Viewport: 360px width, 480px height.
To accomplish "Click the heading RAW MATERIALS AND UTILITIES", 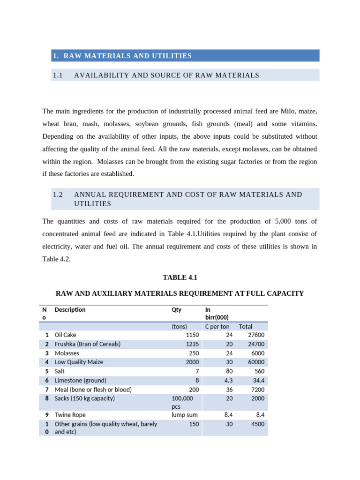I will [x=127, y=56].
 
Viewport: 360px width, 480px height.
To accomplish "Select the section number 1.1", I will [x=58, y=75].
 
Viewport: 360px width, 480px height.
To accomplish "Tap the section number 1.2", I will [x=58, y=194].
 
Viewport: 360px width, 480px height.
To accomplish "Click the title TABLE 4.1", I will [x=180, y=277].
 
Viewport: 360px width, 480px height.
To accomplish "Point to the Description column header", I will [x=70, y=310].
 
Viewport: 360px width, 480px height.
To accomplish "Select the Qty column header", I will [x=177, y=310].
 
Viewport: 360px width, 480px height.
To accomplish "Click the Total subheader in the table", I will [x=245, y=326].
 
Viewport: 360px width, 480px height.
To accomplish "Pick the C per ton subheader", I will [x=217, y=326].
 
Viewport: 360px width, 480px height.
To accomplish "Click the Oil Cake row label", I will [x=65, y=335].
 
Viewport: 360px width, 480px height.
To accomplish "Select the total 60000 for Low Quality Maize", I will [x=256, y=362].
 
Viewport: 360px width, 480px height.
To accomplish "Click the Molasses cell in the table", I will [x=67, y=353].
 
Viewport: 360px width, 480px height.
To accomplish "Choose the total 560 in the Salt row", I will [x=259, y=371].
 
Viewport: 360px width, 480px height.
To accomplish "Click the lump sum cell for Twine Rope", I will [x=185, y=415].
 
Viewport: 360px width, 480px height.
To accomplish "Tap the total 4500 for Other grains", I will [x=257, y=424].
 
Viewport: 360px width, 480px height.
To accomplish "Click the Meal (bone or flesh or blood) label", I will [x=93, y=390].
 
